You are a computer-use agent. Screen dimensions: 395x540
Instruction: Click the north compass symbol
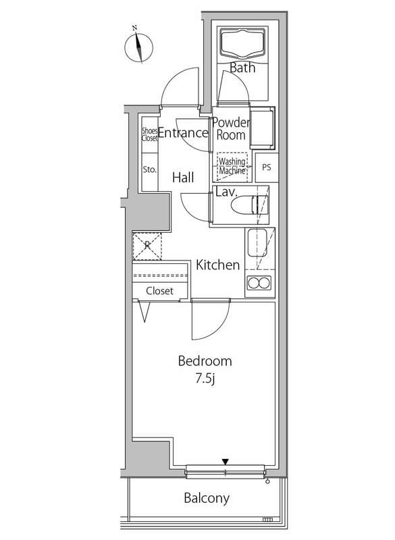point(139,47)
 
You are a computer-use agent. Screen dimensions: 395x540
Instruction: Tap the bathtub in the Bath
point(243,43)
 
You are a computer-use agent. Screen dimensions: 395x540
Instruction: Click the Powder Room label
point(231,128)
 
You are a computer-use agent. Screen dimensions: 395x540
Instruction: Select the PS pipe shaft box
point(267,167)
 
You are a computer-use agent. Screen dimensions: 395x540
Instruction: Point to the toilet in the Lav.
point(246,206)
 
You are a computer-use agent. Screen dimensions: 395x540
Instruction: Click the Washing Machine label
point(232,166)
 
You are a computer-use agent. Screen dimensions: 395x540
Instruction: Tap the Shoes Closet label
point(149,134)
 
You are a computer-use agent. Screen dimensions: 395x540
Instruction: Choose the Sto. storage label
point(149,169)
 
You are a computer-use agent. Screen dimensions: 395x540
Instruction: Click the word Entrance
point(183,132)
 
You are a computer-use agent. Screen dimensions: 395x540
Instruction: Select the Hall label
point(183,178)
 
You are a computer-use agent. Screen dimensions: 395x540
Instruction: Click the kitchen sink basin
point(257,242)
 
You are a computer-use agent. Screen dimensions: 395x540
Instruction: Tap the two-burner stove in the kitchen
point(259,283)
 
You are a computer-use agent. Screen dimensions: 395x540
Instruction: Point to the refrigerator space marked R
point(147,246)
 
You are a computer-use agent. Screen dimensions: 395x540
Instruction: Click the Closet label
point(159,291)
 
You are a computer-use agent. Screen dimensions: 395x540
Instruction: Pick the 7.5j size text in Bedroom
point(205,379)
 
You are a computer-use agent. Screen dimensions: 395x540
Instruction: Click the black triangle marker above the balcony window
point(226,462)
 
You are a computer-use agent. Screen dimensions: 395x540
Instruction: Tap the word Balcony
point(207,498)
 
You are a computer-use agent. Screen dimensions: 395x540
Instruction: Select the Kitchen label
point(217,265)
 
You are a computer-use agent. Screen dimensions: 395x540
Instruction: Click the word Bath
point(242,67)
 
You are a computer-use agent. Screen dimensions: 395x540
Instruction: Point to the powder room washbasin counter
point(263,128)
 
